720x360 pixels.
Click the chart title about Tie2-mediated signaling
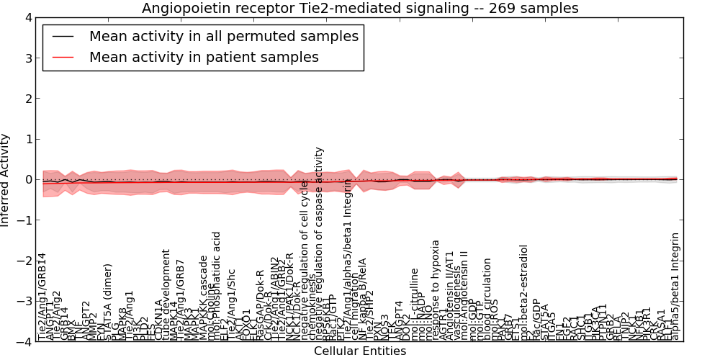pyautogui.click(x=359, y=8)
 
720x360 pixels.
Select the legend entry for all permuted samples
pyautogui.click(x=223, y=35)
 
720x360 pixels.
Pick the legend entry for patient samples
pyautogui.click(x=204, y=57)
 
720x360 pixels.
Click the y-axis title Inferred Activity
pyautogui.click(x=6, y=179)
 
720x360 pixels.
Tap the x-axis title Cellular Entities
pyautogui.click(x=359, y=351)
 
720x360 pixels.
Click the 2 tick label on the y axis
pyautogui.click(x=27, y=99)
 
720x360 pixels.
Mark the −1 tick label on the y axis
pyautogui.click(x=24, y=220)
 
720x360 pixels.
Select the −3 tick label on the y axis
pyautogui.click(x=24, y=302)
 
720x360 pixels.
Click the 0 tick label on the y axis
pyautogui.click(x=27, y=180)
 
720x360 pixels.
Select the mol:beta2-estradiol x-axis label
pyautogui.click(x=523, y=292)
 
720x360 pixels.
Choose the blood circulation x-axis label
pyautogui.click(x=487, y=299)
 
